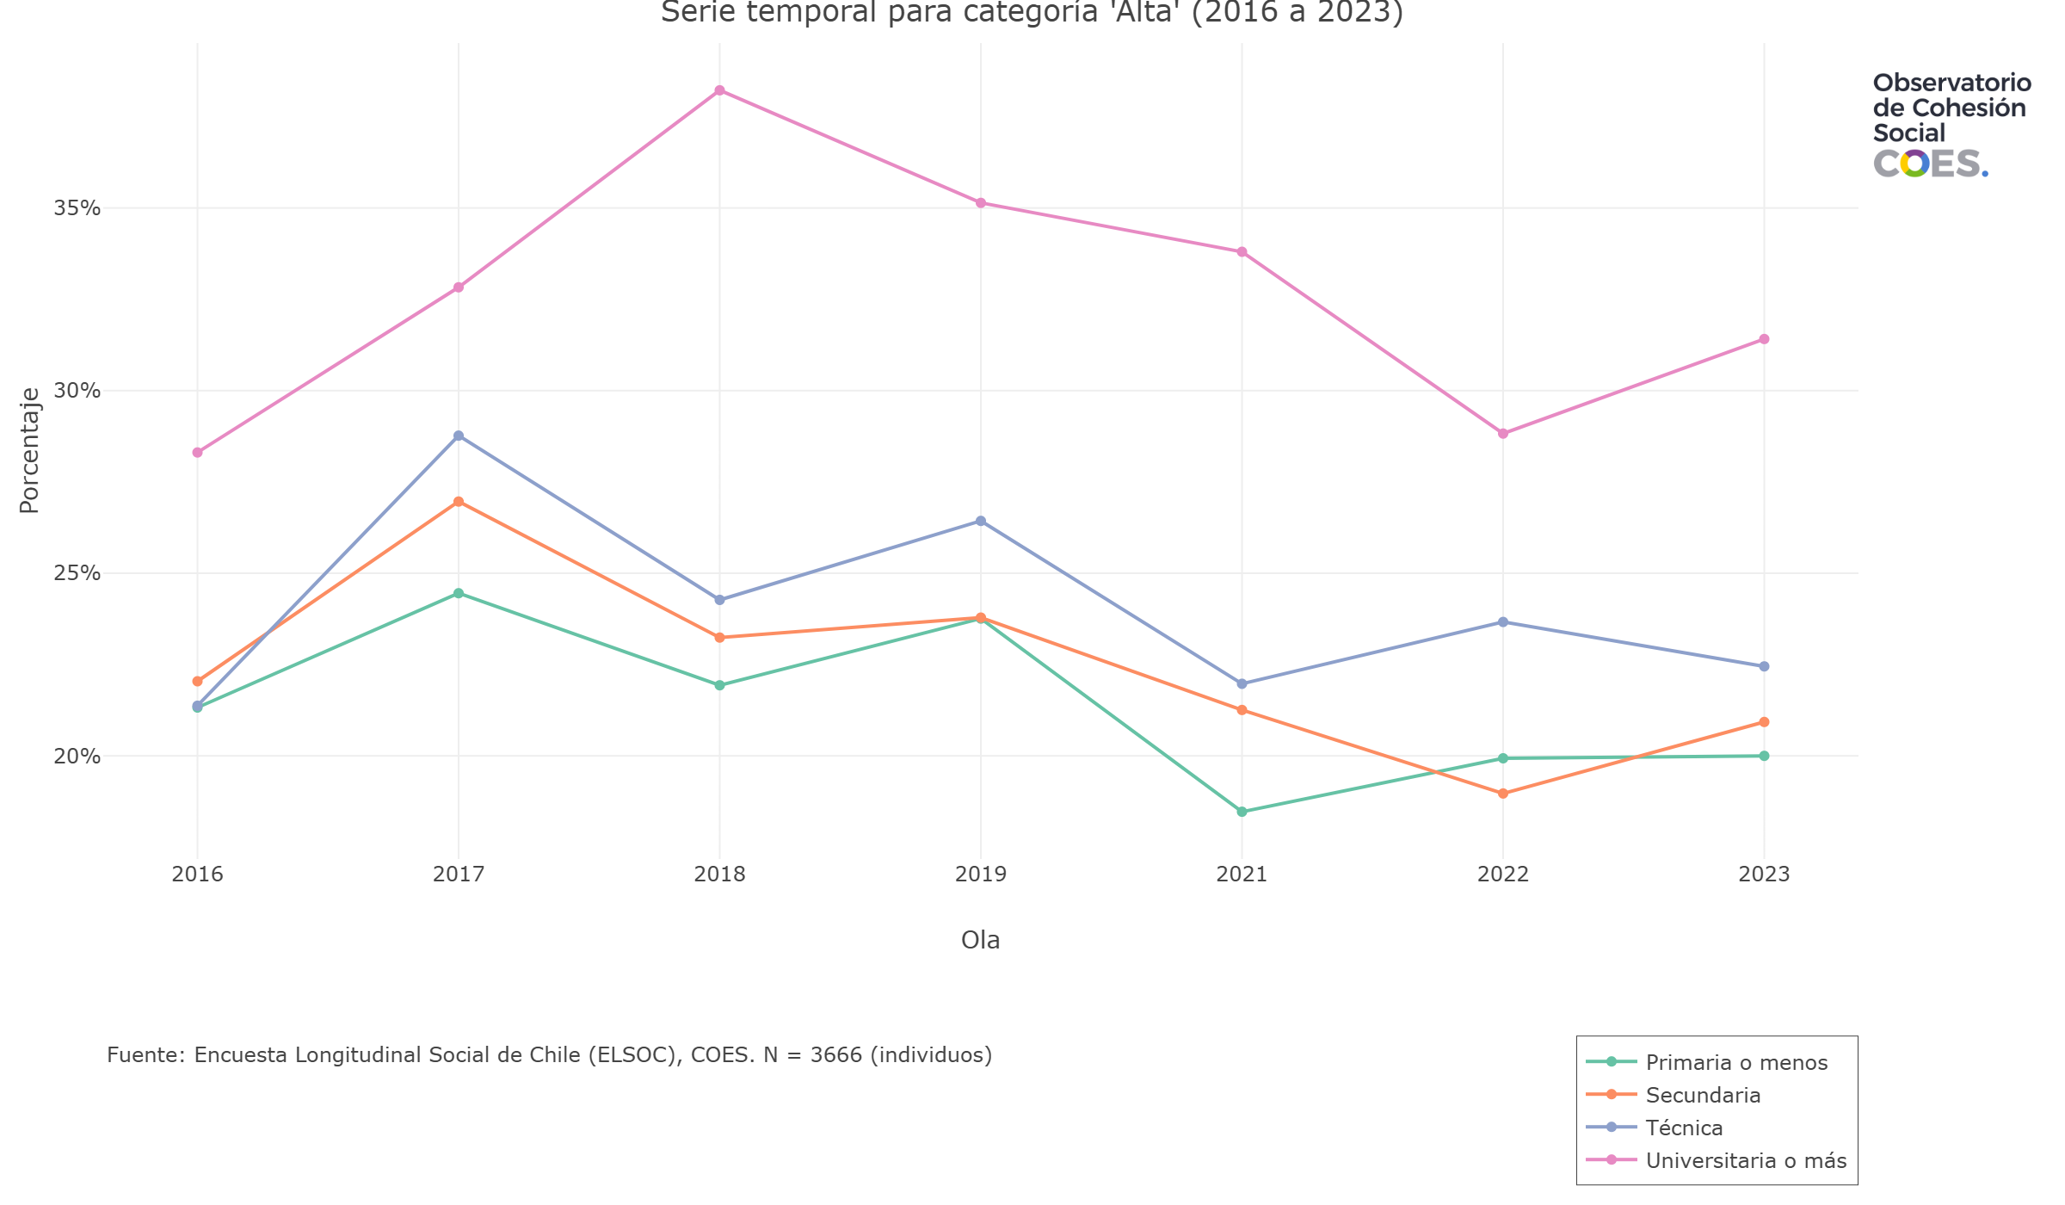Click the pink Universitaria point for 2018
(x=719, y=90)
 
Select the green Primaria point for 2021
(x=1242, y=812)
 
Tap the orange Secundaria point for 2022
(x=1503, y=794)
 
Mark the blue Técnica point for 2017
(x=459, y=436)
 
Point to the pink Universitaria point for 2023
(x=1764, y=339)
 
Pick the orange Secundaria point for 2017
(x=459, y=502)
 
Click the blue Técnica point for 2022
(x=1503, y=622)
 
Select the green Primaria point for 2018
(x=719, y=685)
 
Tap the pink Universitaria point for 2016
(x=197, y=453)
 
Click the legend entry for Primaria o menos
(x=1736, y=1062)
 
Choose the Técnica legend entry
(x=1684, y=1128)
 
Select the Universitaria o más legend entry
(x=1746, y=1160)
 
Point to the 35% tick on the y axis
(x=77, y=208)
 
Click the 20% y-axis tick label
(x=77, y=757)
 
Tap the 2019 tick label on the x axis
(x=980, y=874)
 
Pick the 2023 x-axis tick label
(x=1764, y=874)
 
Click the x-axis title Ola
(x=980, y=940)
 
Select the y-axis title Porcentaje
(x=29, y=450)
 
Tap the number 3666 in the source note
(x=835, y=1055)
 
